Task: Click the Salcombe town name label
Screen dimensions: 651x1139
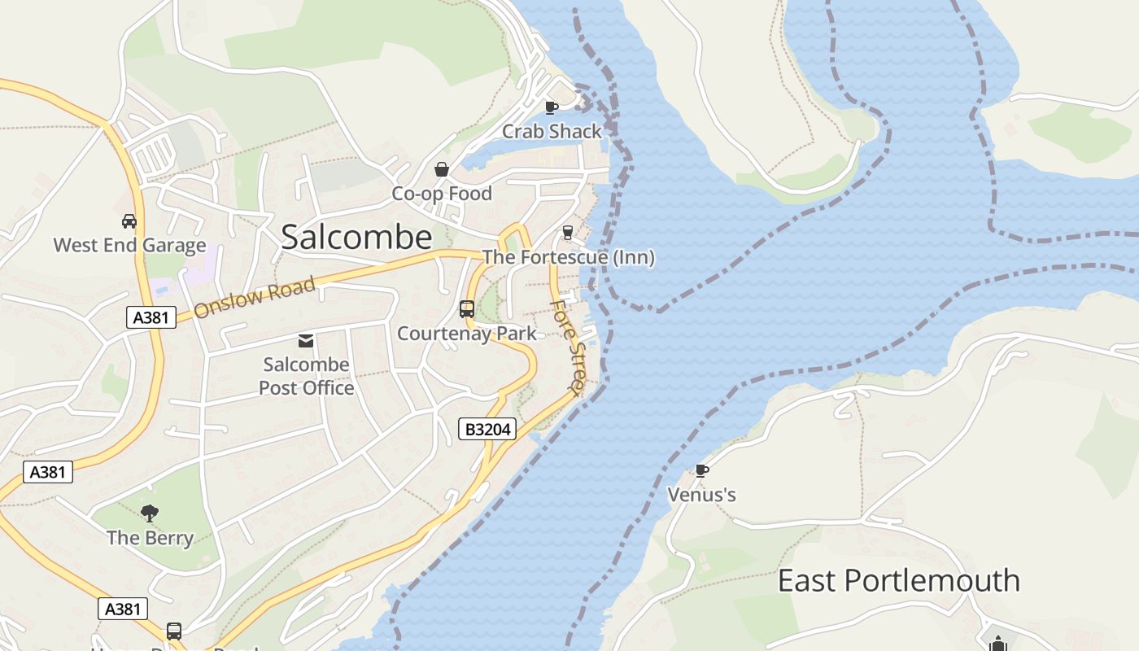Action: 356,237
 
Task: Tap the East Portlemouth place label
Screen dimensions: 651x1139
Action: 898,580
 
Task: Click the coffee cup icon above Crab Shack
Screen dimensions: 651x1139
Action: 551,107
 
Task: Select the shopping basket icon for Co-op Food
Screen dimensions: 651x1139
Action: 442,169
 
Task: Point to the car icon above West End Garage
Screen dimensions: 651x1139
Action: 129,221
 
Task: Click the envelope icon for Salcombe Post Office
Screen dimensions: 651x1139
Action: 306,340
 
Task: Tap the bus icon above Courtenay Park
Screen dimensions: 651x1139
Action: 467,309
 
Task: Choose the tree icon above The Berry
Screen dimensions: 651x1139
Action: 150,513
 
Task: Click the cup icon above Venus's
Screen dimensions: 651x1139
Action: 701,470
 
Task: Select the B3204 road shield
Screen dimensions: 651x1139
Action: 487,429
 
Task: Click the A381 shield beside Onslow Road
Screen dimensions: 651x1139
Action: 151,317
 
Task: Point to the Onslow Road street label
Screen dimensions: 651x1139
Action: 254,298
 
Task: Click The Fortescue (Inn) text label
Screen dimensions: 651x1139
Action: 568,257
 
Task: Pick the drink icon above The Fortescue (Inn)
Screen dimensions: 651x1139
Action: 568,233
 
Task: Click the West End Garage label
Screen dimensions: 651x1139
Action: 129,245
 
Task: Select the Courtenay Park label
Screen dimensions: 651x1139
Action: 467,333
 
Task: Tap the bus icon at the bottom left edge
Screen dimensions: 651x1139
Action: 174,631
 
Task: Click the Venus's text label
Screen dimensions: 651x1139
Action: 701,494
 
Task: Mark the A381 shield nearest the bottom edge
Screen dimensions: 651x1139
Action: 123,608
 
